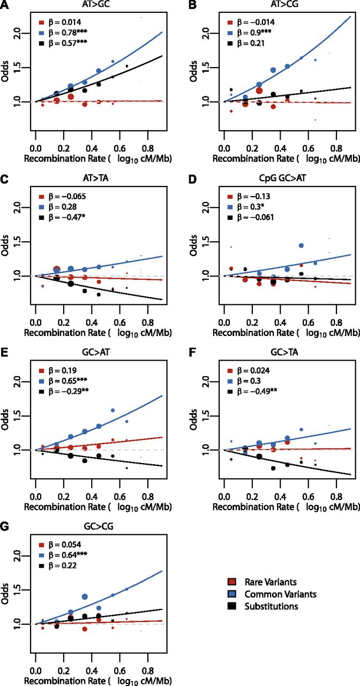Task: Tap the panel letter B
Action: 192,5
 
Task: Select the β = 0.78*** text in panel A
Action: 67,33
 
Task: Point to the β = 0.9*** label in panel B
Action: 254,33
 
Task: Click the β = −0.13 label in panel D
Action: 253,196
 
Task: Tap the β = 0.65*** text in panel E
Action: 67,381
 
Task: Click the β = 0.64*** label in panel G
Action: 67,555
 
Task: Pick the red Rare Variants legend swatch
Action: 232,582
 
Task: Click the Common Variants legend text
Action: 280,594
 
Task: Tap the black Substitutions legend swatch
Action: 232,606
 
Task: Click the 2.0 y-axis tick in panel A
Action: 19,33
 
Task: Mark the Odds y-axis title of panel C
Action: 5,245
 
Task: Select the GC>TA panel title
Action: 284,353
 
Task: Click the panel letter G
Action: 4,527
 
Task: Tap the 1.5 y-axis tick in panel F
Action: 207,416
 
